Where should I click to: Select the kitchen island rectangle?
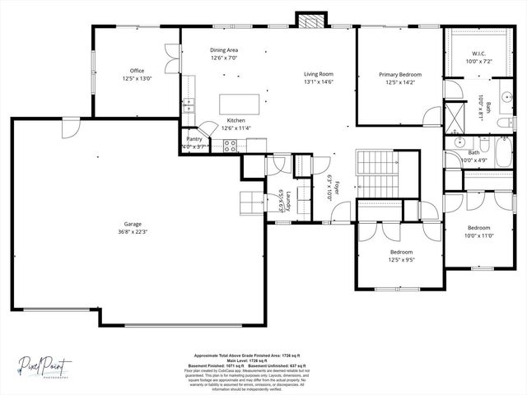[238, 104]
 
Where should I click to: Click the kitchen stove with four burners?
[231, 146]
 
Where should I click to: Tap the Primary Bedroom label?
[399, 75]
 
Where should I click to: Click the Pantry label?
[194, 139]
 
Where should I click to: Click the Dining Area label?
[223, 51]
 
